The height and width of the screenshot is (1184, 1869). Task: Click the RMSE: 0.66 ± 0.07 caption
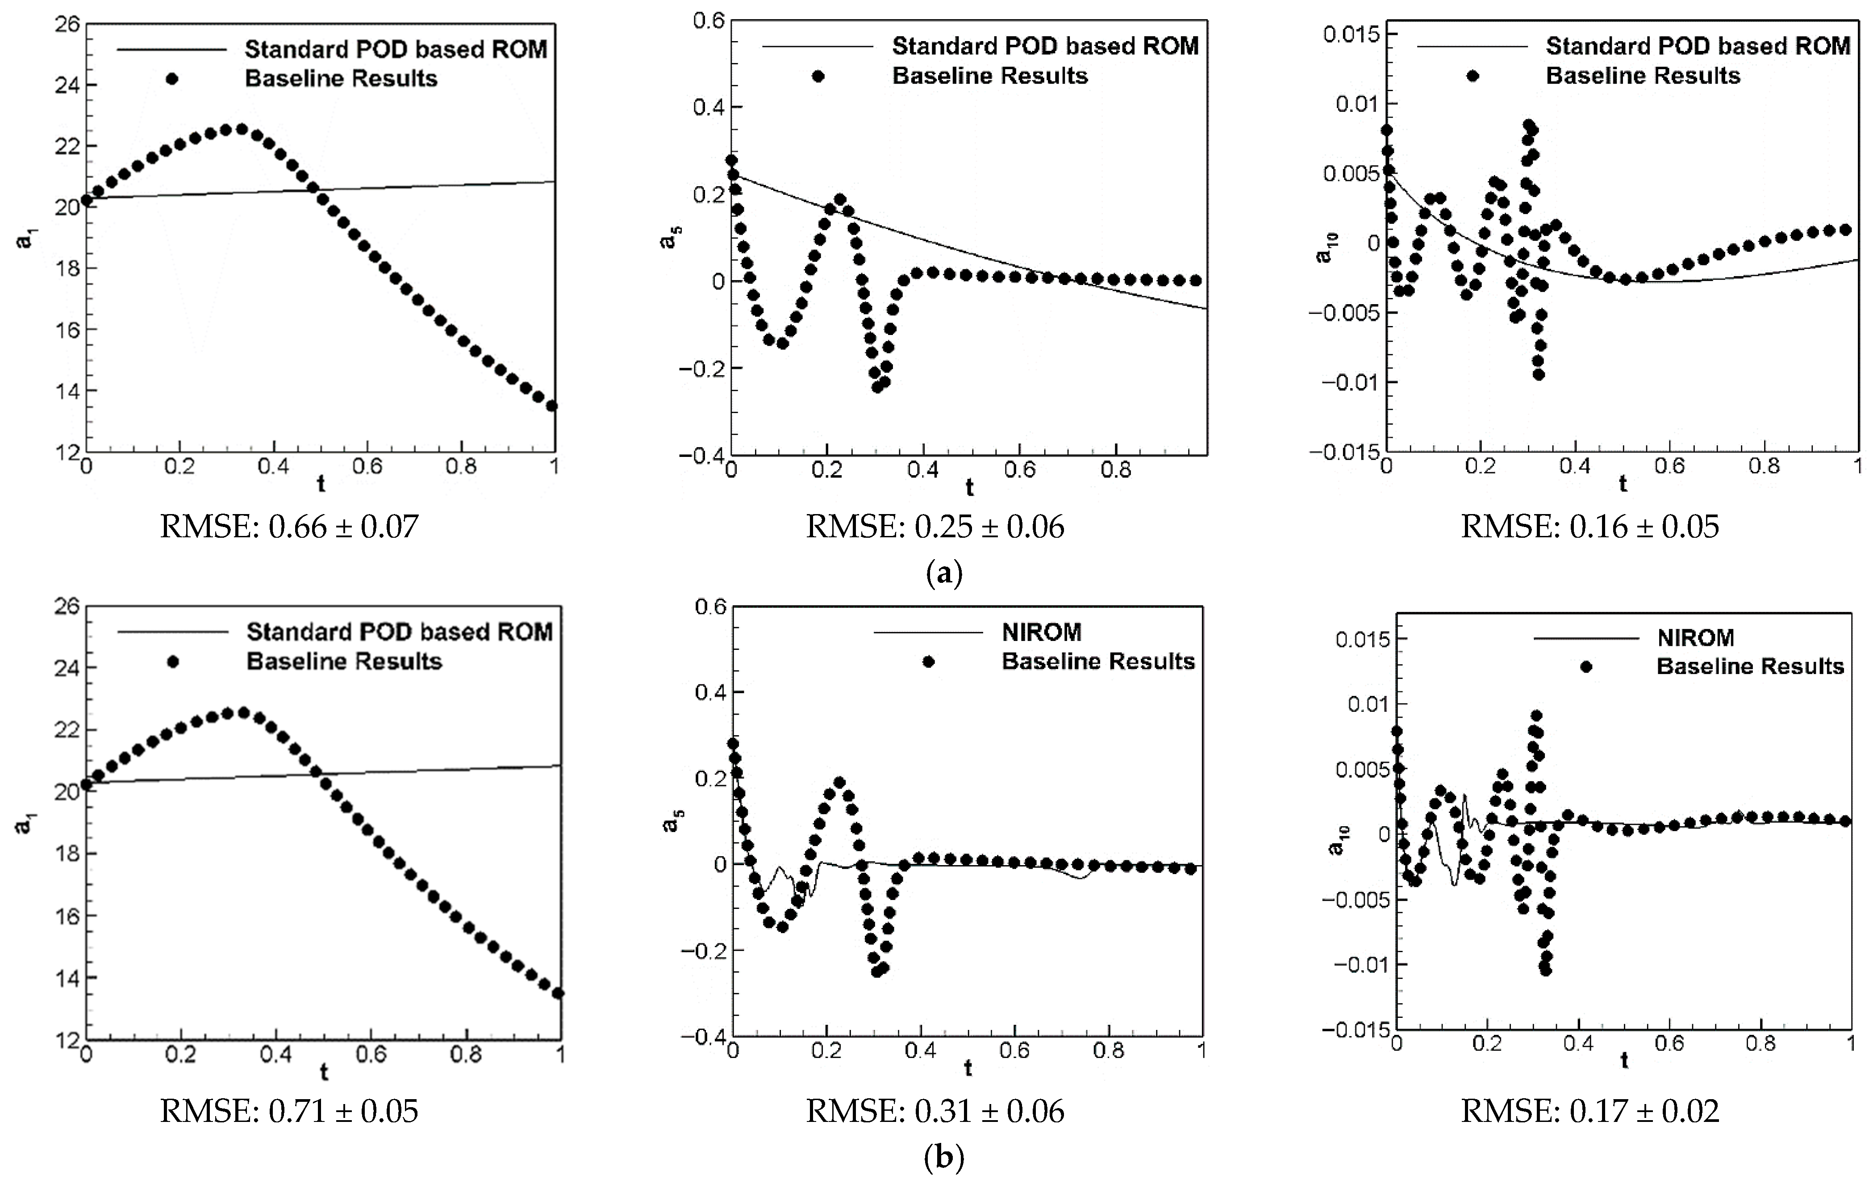click(289, 527)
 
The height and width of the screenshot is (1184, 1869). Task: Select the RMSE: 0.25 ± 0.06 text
click(935, 527)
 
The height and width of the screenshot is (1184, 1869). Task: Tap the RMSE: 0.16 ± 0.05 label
click(1590, 527)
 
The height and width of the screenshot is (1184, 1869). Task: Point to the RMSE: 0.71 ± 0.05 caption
click(289, 1111)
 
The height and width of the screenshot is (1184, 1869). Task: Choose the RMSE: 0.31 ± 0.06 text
click(935, 1111)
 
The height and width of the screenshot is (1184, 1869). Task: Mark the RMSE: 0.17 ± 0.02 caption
click(1590, 1111)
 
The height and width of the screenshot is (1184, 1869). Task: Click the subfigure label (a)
click(945, 574)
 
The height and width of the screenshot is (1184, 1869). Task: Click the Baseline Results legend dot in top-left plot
click(172, 79)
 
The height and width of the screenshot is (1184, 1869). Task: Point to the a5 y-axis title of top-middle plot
click(667, 242)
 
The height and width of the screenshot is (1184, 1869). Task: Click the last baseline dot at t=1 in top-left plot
click(553, 405)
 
